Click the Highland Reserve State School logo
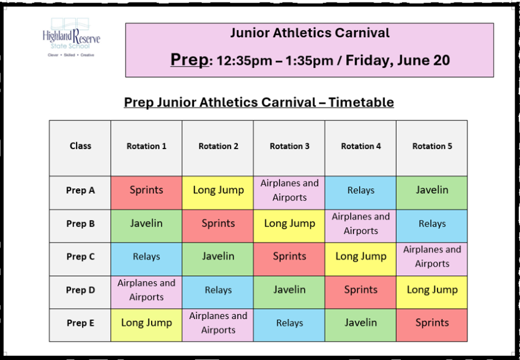coord(72,37)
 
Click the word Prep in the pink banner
coord(190,60)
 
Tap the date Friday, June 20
coord(398,61)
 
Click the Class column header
coord(80,145)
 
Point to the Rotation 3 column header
coord(289,146)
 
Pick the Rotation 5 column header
coord(432,146)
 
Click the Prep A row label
coord(80,191)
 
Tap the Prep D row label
coord(80,290)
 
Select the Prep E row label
coord(80,323)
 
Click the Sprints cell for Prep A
coord(146,193)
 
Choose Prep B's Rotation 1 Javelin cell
coord(146,226)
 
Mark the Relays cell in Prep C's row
coord(146,259)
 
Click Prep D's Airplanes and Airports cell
coord(146,292)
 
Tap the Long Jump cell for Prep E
coord(146,325)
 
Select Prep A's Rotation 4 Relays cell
coord(360,193)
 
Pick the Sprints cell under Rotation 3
coord(289,259)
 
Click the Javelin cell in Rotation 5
coord(432,193)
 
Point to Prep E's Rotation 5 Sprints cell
coord(432,325)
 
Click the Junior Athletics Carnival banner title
coord(310,33)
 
